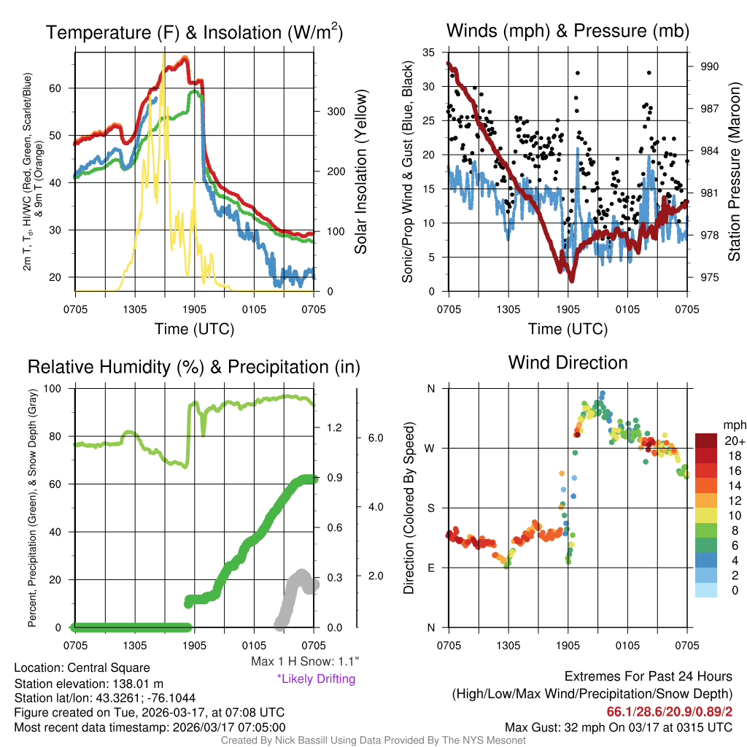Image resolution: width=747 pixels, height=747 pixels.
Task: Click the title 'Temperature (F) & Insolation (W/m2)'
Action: (x=194, y=32)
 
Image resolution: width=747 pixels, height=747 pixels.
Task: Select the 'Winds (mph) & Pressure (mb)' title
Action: (x=568, y=31)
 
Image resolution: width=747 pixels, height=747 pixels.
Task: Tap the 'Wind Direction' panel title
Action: (x=568, y=362)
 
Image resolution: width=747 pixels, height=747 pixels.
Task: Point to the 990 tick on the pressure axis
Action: (x=710, y=66)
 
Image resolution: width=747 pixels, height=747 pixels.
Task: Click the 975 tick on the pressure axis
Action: (x=710, y=277)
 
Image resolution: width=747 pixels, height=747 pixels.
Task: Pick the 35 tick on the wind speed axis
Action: (x=429, y=53)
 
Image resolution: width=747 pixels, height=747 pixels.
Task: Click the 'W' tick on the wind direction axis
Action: (x=430, y=448)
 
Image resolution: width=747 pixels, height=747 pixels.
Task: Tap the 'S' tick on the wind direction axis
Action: (x=431, y=508)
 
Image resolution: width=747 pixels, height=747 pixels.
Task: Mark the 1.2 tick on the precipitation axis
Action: (x=335, y=427)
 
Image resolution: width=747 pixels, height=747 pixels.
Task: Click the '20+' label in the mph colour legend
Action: (x=733, y=441)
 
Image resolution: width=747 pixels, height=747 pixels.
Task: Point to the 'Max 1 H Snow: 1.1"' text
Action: (x=305, y=662)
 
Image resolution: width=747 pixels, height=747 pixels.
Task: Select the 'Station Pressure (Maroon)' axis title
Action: (x=735, y=171)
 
